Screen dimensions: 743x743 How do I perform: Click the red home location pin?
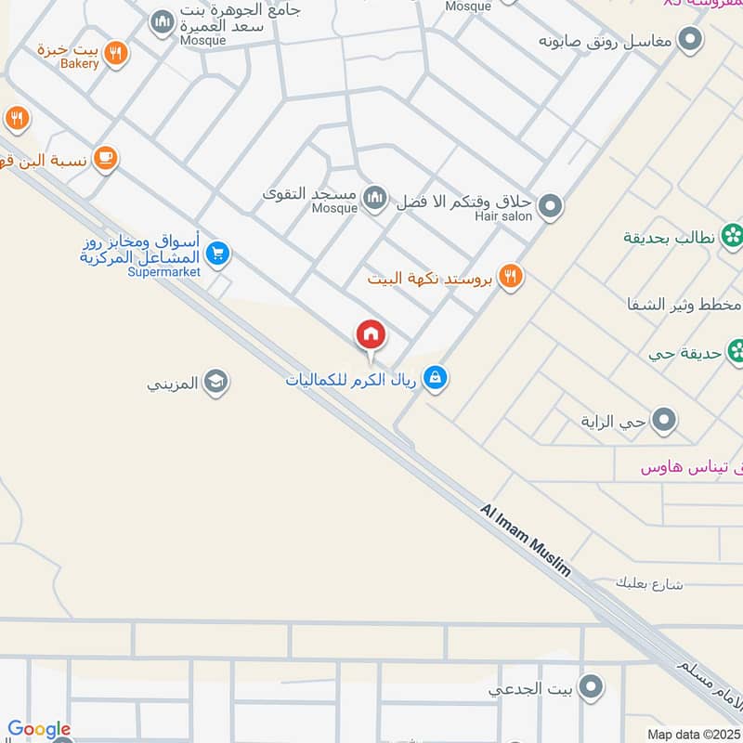pos(371,336)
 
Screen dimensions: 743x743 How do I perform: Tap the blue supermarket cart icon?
pos(217,253)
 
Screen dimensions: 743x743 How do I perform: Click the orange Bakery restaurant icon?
pos(115,53)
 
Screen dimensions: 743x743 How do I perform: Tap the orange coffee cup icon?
pos(105,158)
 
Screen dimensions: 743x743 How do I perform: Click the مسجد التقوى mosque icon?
pos(374,197)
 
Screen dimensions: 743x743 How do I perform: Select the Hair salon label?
pos(503,216)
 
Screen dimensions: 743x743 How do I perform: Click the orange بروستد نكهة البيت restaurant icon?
pos(509,276)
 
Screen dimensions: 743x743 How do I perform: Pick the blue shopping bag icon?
pos(435,378)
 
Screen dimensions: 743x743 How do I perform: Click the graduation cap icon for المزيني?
pos(215,382)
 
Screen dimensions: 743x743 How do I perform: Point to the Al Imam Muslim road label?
pos(525,541)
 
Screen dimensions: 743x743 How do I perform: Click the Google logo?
pos(39,730)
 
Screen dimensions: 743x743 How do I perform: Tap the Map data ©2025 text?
pos(693,734)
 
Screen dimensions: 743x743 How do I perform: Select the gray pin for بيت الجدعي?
pos(589,688)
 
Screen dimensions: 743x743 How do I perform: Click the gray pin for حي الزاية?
pos(663,422)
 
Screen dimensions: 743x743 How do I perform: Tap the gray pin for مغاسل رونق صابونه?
pos(690,40)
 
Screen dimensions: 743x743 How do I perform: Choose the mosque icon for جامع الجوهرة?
pos(163,20)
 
